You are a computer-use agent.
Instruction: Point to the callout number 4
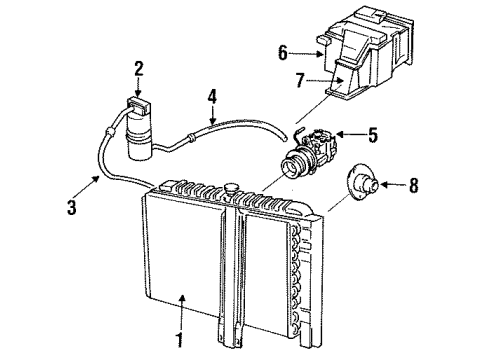click(x=212, y=97)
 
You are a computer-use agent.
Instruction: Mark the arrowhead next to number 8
click(x=391, y=184)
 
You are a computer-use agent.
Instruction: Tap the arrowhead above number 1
click(x=183, y=300)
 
